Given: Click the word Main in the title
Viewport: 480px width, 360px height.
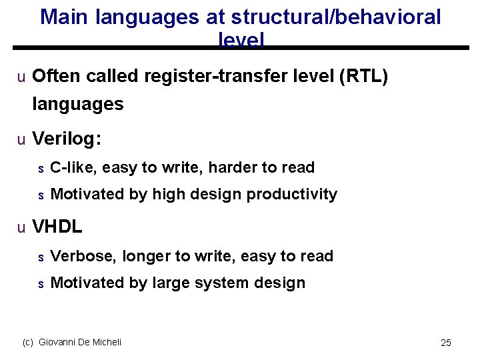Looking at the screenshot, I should point(65,17).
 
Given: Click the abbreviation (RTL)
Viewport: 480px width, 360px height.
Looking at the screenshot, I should point(363,77).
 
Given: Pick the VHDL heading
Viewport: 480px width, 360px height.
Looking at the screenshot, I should point(57,227).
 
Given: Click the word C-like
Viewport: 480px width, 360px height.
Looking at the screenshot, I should point(73,167).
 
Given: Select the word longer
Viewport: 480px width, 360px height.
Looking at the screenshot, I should point(145,256).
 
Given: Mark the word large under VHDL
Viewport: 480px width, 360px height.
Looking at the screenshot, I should point(171,283).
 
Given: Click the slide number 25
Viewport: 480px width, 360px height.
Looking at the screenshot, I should point(446,343).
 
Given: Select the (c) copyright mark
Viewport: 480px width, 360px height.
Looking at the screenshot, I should point(28,342).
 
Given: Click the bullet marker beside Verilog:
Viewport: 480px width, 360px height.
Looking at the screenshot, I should point(21,139).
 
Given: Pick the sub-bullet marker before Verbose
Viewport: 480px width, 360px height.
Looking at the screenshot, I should point(40,257).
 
